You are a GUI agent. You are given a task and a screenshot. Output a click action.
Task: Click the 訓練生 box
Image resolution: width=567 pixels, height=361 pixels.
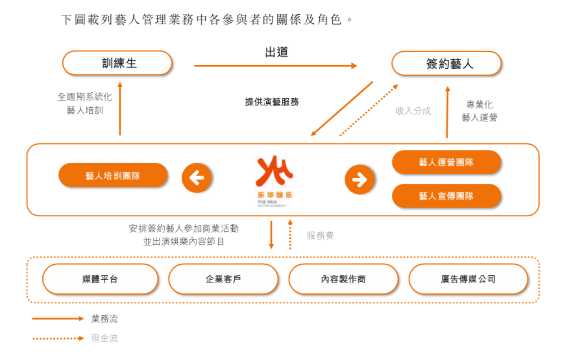117,64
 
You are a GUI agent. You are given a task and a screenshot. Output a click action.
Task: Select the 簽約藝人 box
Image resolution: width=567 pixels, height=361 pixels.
446,64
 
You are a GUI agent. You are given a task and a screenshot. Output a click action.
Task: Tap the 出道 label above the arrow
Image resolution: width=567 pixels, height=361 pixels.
276,53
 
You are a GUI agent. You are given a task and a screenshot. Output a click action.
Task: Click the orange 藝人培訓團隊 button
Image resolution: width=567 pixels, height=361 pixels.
113,175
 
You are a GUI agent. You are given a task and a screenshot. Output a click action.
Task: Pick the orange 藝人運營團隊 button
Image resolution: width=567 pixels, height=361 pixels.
446,162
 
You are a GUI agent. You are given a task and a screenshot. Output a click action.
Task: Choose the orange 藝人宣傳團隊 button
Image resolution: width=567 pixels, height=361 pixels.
446,195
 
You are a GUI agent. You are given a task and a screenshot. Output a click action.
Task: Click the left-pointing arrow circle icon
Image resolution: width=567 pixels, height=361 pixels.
197,178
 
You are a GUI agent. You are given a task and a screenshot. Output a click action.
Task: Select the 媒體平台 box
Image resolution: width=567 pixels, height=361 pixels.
100,279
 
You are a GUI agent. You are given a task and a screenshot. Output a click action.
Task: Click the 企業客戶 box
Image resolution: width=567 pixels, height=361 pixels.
223,279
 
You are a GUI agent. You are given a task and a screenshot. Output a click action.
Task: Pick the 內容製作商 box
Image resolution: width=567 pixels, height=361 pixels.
343,279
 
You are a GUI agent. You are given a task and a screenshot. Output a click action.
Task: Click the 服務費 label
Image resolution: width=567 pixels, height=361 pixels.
320,236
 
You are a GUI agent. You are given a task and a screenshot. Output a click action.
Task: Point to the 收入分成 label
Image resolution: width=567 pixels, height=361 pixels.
413,111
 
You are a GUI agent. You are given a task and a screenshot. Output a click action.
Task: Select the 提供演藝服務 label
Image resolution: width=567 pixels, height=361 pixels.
272,102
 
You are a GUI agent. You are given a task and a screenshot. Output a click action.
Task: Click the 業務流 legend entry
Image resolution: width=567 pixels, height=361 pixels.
104,319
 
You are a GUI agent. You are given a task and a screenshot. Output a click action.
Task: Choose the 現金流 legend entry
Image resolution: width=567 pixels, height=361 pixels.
104,338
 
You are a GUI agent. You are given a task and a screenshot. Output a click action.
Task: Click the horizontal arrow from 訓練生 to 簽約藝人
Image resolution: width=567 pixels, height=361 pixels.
275,66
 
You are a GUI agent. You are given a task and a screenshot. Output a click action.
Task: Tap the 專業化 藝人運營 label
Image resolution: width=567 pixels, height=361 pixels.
479,111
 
